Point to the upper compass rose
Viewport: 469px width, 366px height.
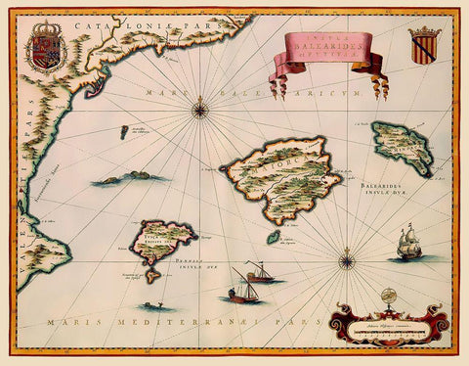[x=201, y=107]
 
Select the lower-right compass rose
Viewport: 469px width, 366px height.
[x=347, y=260]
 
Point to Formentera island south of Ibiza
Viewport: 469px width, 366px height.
[x=152, y=277]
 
